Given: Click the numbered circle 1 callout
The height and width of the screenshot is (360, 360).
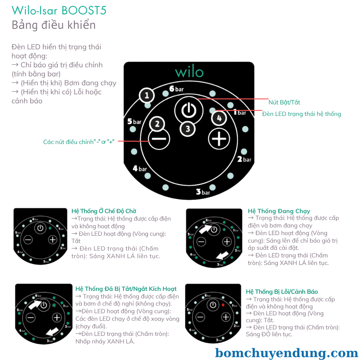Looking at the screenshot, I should point(147,96).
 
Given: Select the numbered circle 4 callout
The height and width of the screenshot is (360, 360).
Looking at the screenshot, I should point(219,118).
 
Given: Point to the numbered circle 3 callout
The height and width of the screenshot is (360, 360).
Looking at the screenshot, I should point(188,129).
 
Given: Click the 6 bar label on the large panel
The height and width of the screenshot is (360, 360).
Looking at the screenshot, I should point(177,89).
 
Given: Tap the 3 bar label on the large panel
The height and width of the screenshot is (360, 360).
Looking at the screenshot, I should point(203,192).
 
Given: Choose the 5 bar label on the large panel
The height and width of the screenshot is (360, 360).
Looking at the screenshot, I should point(134,122).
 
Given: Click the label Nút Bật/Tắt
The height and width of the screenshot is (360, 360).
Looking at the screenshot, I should point(284,102).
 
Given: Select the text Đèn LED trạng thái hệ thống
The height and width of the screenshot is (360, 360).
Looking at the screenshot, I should point(301,114).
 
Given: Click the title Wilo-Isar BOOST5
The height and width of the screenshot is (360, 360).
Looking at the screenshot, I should point(59,10).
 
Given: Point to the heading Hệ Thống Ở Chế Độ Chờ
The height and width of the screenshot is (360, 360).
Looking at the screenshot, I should point(104,211).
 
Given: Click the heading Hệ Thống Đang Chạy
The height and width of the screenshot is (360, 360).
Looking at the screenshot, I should point(279,211).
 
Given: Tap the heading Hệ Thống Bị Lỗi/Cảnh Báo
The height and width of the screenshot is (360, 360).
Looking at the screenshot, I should point(282,292).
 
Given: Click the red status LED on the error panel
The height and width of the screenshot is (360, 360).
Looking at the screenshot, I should point(223,305).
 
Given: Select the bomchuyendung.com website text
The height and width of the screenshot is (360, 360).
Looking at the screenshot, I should point(287,352).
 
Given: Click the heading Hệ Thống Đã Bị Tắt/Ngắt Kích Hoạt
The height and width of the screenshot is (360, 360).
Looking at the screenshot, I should point(126,289).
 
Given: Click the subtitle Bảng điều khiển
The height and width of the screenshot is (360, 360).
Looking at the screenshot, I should point(54,25).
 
